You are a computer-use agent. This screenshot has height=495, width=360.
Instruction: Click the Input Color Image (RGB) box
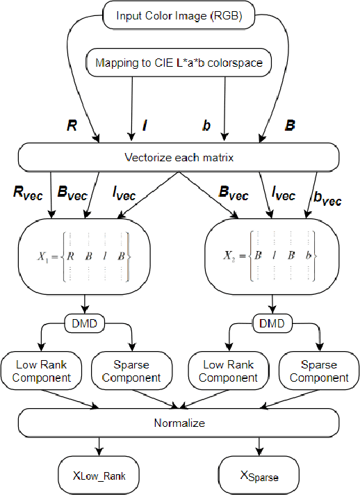click(x=179, y=15)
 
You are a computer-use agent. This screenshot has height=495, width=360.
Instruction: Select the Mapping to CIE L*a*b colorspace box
click(x=179, y=63)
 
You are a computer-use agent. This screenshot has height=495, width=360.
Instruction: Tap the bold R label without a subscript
click(x=71, y=126)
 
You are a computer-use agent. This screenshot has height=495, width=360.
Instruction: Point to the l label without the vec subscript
click(x=145, y=126)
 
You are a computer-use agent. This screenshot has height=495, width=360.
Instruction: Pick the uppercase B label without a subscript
click(x=290, y=126)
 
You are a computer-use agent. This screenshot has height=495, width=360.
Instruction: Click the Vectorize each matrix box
click(x=179, y=157)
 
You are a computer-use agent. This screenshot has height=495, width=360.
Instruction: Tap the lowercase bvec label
click(x=327, y=199)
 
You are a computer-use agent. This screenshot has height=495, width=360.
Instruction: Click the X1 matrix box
click(x=85, y=257)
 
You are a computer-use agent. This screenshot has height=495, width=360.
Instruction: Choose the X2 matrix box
click(x=273, y=257)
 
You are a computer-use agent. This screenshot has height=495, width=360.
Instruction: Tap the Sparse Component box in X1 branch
click(x=131, y=371)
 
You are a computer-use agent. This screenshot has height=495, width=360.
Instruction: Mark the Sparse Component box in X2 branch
click(x=319, y=371)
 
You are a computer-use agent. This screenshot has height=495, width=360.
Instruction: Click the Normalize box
click(x=179, y=422)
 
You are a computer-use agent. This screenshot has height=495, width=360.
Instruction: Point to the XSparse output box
click(x=259, y=476)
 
